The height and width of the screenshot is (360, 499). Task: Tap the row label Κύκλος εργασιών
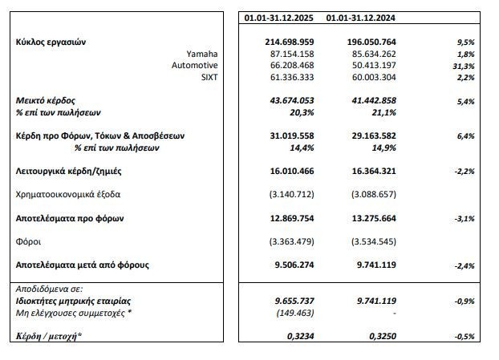[x=51, y=41]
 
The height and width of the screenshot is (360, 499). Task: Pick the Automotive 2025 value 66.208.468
[x=287, y=64]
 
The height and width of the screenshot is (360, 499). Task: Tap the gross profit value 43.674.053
[x=287, y=101]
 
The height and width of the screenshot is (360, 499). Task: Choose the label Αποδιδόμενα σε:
[x=49, y=288]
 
